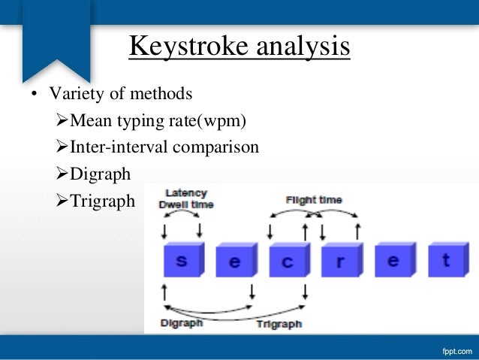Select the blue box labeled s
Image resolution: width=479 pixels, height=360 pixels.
pos(182,261)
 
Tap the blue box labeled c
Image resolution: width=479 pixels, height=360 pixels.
pos(288,262)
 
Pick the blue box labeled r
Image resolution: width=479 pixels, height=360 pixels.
pos(340,262)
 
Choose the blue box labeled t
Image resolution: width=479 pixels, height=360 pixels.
pos(446,261)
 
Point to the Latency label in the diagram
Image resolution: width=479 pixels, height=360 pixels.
pos(185,193)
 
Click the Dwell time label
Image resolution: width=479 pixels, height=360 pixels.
pos(186,204)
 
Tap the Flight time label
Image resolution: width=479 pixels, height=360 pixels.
pos(314,200)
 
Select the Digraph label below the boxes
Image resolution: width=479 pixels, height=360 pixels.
pos(182,323)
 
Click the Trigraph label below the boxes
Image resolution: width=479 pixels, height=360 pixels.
pos(279,324)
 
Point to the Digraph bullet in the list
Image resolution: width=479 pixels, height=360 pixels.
pos(100,174)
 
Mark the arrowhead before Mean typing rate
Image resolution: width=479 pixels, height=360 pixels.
pos(62,120)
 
